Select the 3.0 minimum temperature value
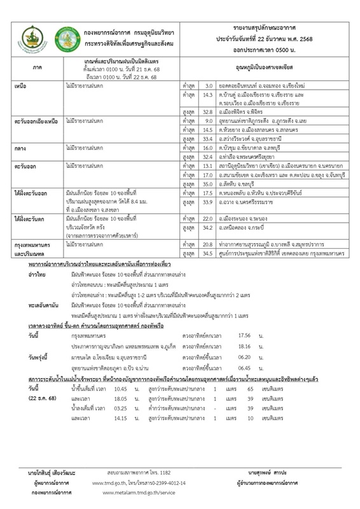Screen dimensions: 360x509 205,85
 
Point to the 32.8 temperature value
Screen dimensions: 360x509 205,109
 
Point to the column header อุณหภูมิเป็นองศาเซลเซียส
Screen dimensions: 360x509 267,66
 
